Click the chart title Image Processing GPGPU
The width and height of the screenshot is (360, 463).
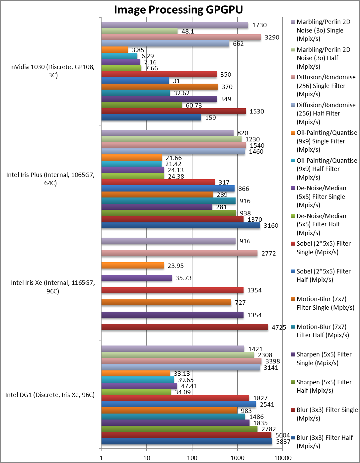[178, 10]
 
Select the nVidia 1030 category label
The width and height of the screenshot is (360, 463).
[53, 71]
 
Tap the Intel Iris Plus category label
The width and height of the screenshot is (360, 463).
[50, 179]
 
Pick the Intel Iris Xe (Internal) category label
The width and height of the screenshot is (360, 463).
[53, 287]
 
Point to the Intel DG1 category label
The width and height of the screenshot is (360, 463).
[50, 395]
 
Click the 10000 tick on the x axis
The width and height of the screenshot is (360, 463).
[283, 458]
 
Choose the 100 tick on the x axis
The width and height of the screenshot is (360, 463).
[192, 458]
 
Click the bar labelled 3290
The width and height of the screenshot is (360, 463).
[181, 38]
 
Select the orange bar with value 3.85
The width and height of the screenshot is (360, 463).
[114, 50]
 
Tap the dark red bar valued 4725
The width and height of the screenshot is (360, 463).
[184, 327]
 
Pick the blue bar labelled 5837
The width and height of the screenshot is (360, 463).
[186, 441]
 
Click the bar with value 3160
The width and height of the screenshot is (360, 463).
[180, 226]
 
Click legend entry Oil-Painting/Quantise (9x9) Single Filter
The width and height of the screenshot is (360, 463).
[327, 141]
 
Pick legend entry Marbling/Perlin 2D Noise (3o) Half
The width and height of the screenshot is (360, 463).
[323, 58]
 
